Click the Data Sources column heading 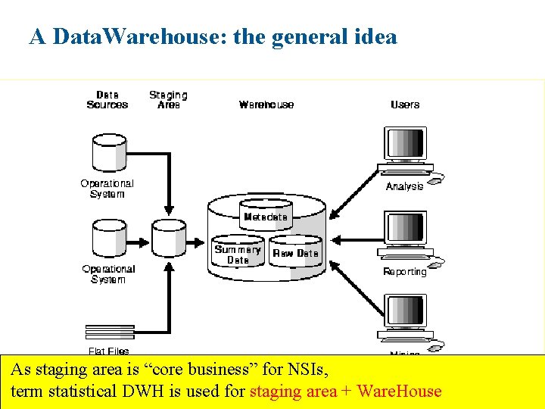[107, 100]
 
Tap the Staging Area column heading [168, 100]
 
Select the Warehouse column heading [266, 105]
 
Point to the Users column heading [405, 105]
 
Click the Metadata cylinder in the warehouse [266, 213]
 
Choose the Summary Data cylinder [238, 251]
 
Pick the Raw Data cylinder [295, 251]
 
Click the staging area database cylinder [168, 239]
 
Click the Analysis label [404, 186]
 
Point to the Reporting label [404, 272]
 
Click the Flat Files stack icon [110, 333]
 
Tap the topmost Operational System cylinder [107, 153]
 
